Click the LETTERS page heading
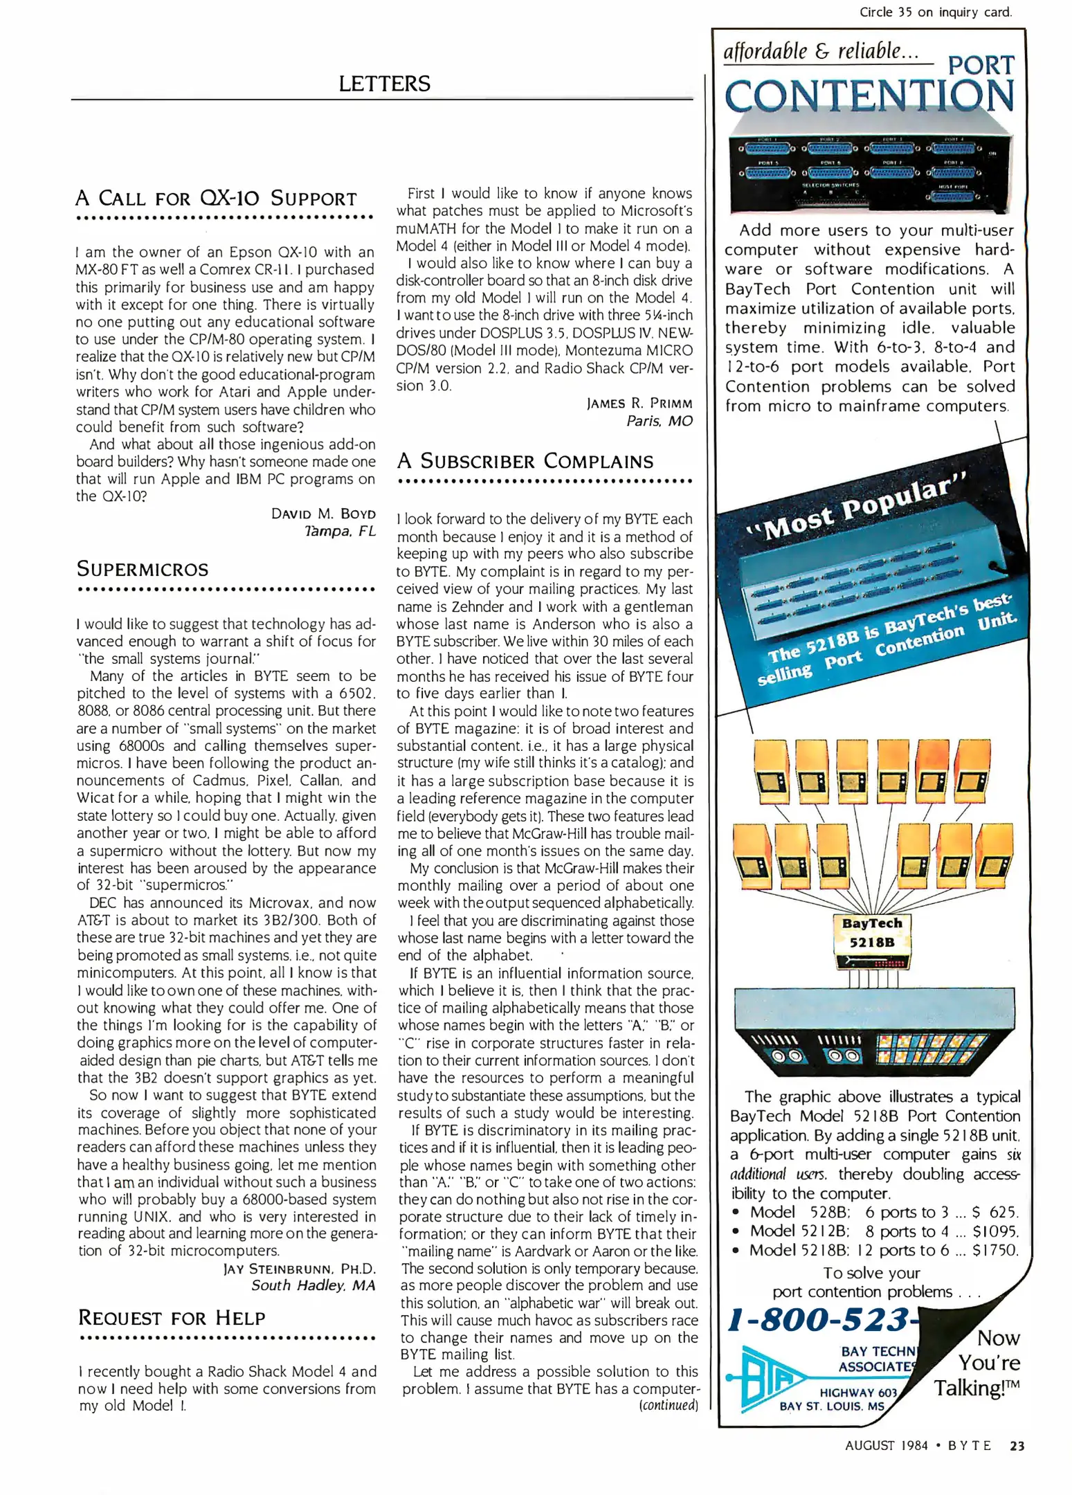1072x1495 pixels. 384,84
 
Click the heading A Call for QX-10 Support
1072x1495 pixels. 216,199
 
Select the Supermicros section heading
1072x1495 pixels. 143,569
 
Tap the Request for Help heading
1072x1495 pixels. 172,1318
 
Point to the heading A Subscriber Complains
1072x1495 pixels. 525,461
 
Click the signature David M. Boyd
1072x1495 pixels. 323,514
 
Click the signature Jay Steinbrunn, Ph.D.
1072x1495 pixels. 299,1269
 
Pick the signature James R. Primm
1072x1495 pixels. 639,403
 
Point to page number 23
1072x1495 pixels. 1017,1445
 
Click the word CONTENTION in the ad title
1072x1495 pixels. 869,96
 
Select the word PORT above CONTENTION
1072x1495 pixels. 981,65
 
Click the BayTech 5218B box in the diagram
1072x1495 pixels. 871,933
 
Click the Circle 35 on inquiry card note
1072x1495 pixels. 935,12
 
